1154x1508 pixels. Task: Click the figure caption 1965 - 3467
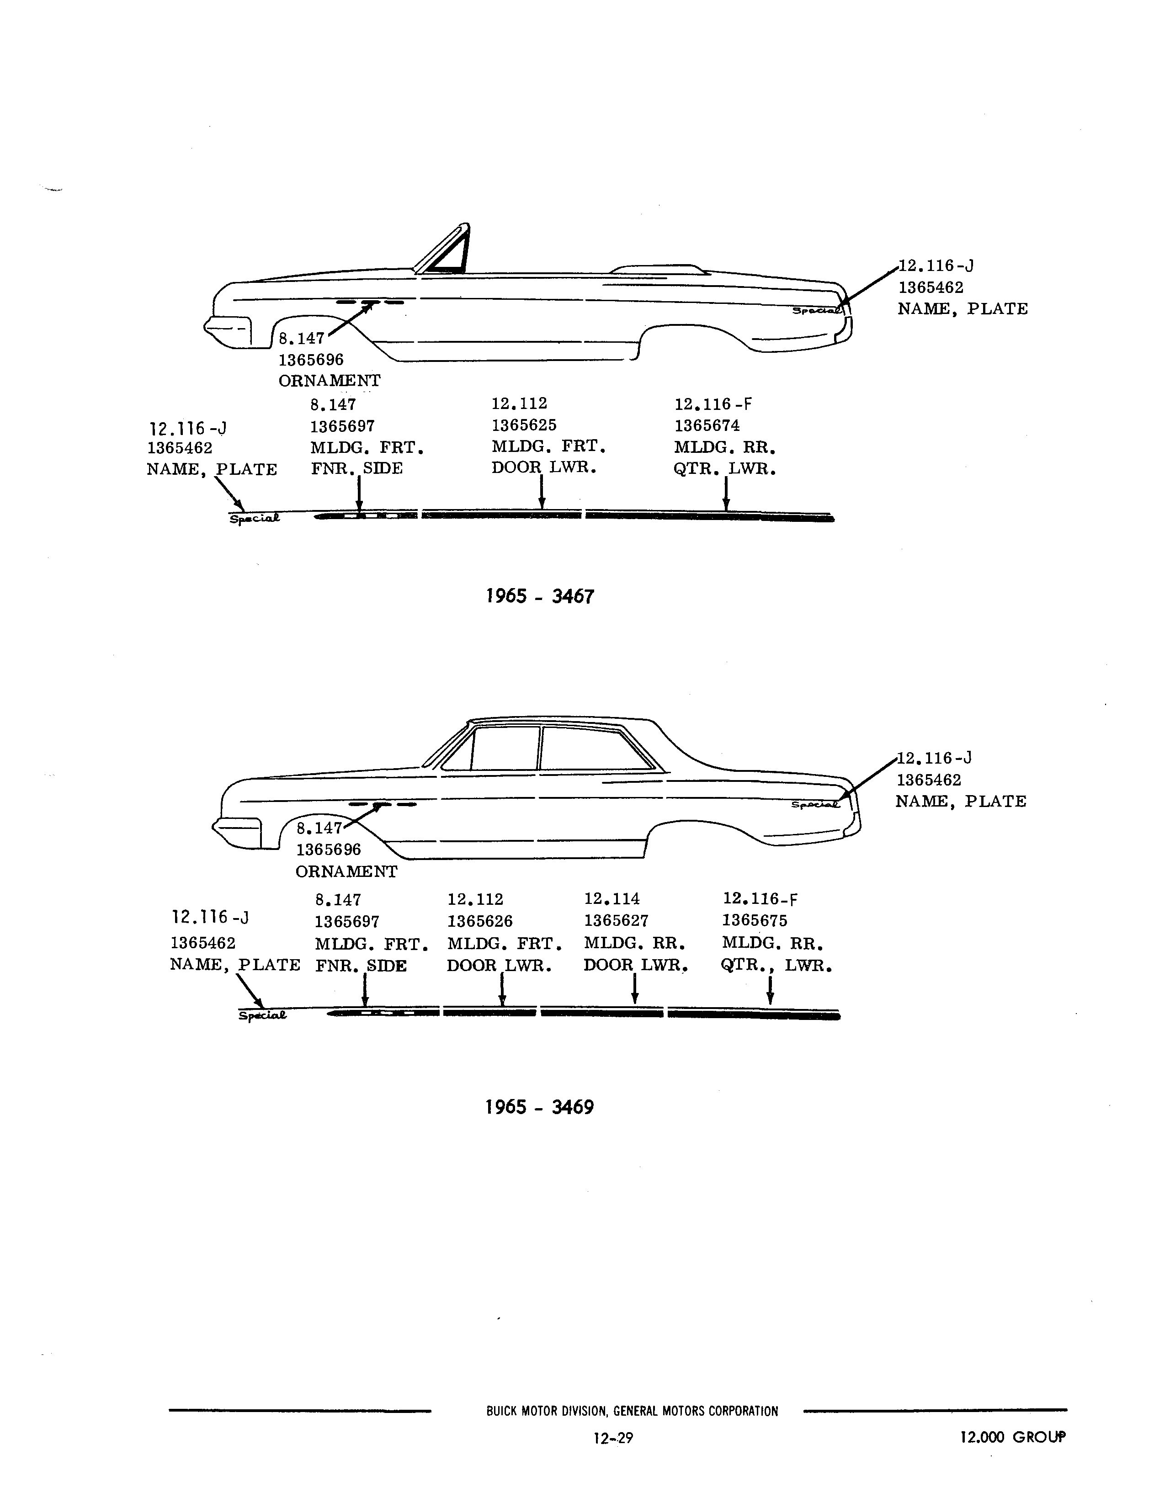click(x=540, y=596)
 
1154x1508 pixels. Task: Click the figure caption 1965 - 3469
click(x=540, y=1107)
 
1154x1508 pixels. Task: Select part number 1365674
click(x=707, y=426)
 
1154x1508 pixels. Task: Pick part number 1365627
click(x=616, y=920)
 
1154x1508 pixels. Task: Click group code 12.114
click(x=612, y=898)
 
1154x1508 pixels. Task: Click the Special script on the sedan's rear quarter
click(x=815, y=804)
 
